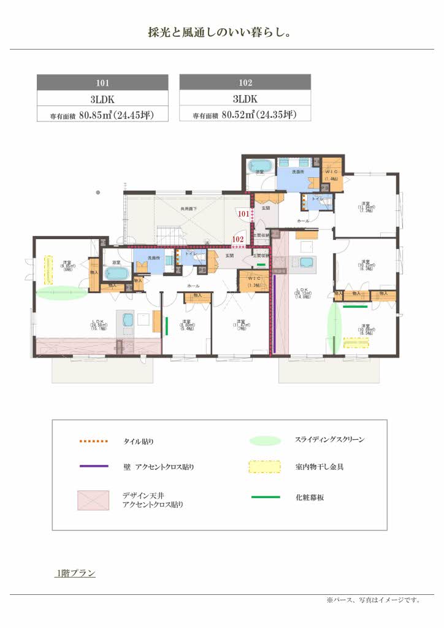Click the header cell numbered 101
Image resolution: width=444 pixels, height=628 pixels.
102,82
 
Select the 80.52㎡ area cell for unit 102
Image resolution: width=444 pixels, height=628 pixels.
245,114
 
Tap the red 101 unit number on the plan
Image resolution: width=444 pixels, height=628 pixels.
244,214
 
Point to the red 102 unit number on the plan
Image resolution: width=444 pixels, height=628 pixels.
238,239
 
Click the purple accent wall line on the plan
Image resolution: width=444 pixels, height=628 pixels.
275,313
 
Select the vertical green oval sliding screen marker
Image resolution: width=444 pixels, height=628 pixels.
334,325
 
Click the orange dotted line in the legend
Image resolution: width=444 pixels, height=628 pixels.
93,441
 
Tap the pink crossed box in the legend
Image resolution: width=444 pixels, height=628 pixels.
93,500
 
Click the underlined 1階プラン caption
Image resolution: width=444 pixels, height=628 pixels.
75,573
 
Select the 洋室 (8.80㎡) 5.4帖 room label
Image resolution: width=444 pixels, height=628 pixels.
183,324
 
